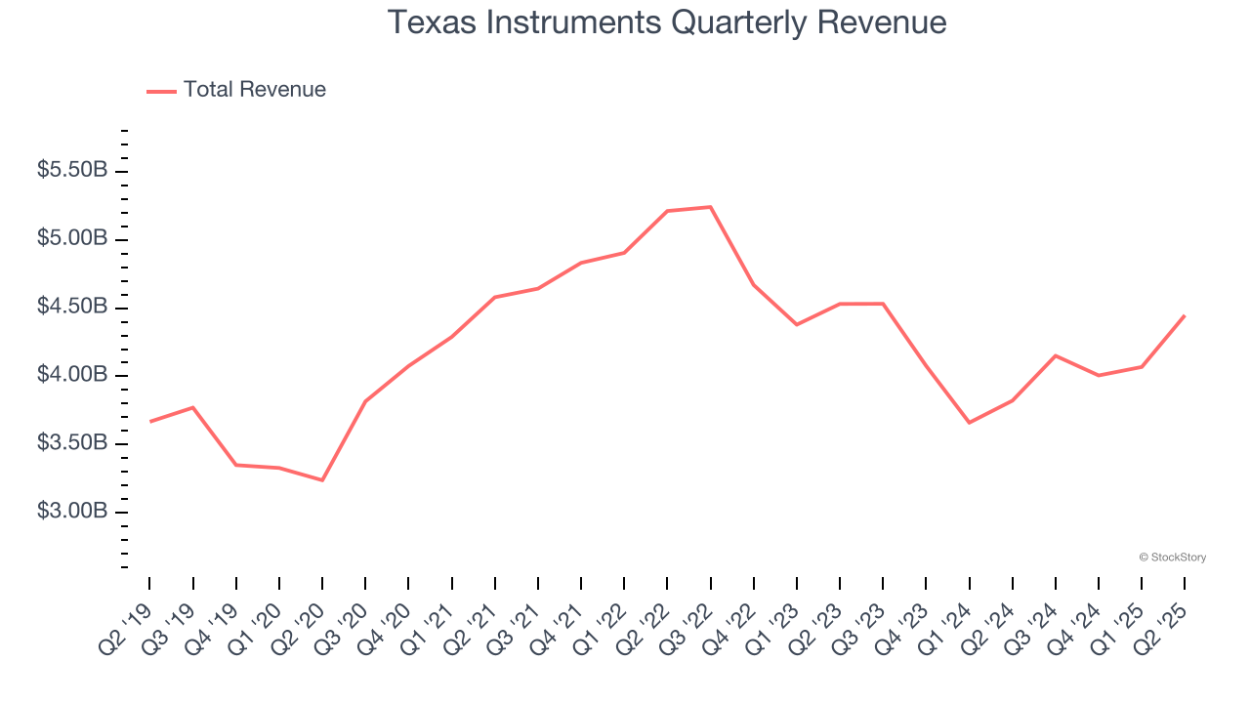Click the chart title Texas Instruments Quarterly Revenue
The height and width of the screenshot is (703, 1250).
(667, 22)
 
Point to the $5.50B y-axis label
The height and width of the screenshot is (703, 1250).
(72, 171)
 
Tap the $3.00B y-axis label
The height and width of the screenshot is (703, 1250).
(72, 512)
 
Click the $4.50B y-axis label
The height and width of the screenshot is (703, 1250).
(72, 308)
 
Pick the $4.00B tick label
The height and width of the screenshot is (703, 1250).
(72, 376)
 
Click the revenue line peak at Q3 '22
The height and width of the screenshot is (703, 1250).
(710, 207)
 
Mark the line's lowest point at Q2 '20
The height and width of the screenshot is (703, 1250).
(322, 480)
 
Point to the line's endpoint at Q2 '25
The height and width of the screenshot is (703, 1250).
(1185, 315)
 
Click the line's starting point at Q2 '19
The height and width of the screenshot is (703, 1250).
(149, 421)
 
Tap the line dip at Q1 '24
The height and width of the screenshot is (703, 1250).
(969, 423)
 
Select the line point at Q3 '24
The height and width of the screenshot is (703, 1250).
(1055, 355)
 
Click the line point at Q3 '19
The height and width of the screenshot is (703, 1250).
(192, 407)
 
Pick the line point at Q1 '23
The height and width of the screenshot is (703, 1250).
(797, 324)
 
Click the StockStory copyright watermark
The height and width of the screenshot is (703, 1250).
(1172, 558)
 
